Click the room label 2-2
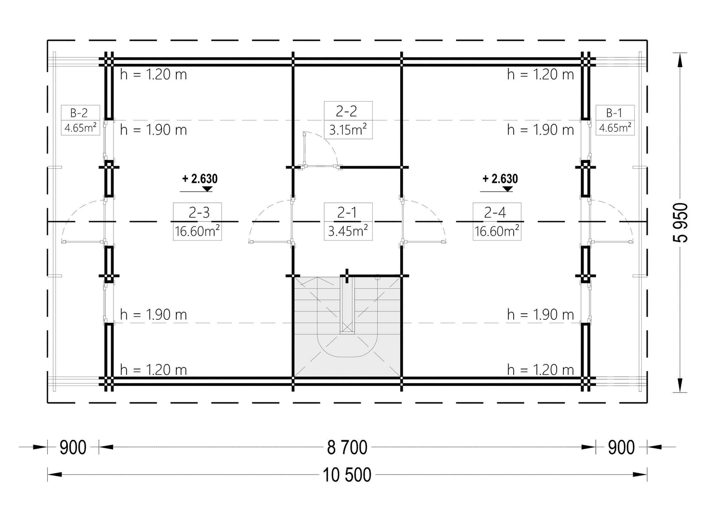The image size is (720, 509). tap(346, 111)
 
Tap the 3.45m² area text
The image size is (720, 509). tap(348, 231)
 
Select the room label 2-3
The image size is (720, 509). tap(199, 212)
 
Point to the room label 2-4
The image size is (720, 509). tap(495, 212)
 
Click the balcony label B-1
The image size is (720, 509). tap(614, 113)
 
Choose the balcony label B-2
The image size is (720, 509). tap(79, 113)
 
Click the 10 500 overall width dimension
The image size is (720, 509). tap(347, 475)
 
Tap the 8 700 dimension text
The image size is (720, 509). tap(347, 447)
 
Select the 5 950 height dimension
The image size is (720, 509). tap(680, 222)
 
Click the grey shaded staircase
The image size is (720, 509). tap(347, 327)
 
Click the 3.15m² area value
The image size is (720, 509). tap(348, 130)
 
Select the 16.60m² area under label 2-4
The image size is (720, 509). tap(497, 231)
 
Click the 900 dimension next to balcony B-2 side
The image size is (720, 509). tap(73, 447)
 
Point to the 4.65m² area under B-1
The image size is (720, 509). tap(615, 128)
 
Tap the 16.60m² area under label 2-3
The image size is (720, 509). tap(197, 231)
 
